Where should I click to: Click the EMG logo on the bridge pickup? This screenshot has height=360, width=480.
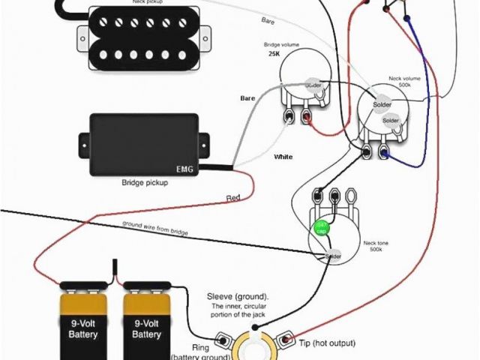tap(184, 169)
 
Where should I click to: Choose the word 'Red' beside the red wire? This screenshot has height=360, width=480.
tap(233, 198)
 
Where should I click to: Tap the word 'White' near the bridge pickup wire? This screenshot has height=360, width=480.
tap(283, 157)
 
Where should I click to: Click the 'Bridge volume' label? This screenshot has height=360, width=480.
tap(284, 45)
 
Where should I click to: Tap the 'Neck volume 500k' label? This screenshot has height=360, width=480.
tap(405, 82)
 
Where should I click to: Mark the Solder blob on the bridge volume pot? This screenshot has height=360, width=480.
tap(314, 87)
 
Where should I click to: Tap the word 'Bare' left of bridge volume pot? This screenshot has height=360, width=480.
tap(247, 98)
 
